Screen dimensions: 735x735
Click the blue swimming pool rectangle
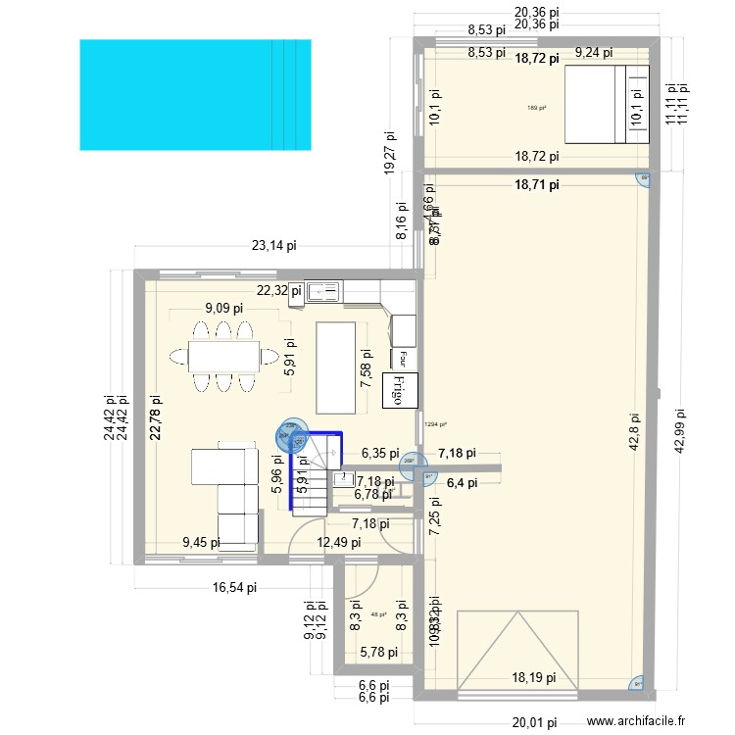coord(195,95)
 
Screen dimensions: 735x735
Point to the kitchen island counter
coord(336,367)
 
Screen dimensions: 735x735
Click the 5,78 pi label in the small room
coord(379,652)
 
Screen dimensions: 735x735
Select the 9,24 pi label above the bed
coord(593,53)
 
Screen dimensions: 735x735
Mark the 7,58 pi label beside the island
coord(366,368)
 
